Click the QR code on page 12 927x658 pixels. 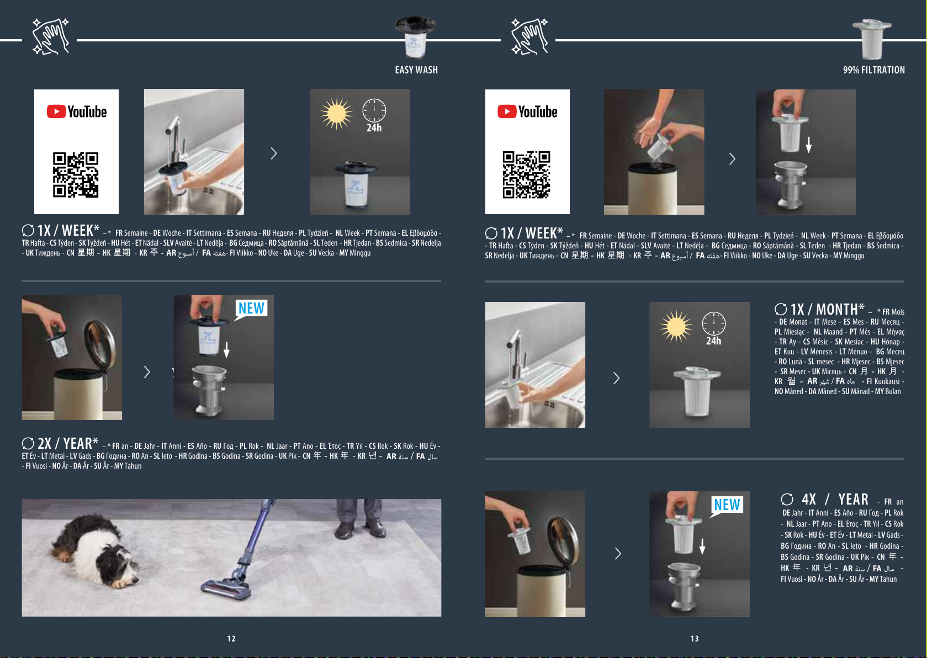[76, 174]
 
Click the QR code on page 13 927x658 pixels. [526, 174]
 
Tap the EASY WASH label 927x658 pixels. [416, 70]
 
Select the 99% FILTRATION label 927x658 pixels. [874, 70]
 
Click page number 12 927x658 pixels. [231, 639]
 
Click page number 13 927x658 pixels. [695, 639]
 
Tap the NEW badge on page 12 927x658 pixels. [251, 309]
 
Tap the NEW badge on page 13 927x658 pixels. [727, 505]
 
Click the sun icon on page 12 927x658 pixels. [336, 113]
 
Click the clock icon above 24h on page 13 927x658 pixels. [714, 323]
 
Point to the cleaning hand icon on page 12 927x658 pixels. [50, 36]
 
